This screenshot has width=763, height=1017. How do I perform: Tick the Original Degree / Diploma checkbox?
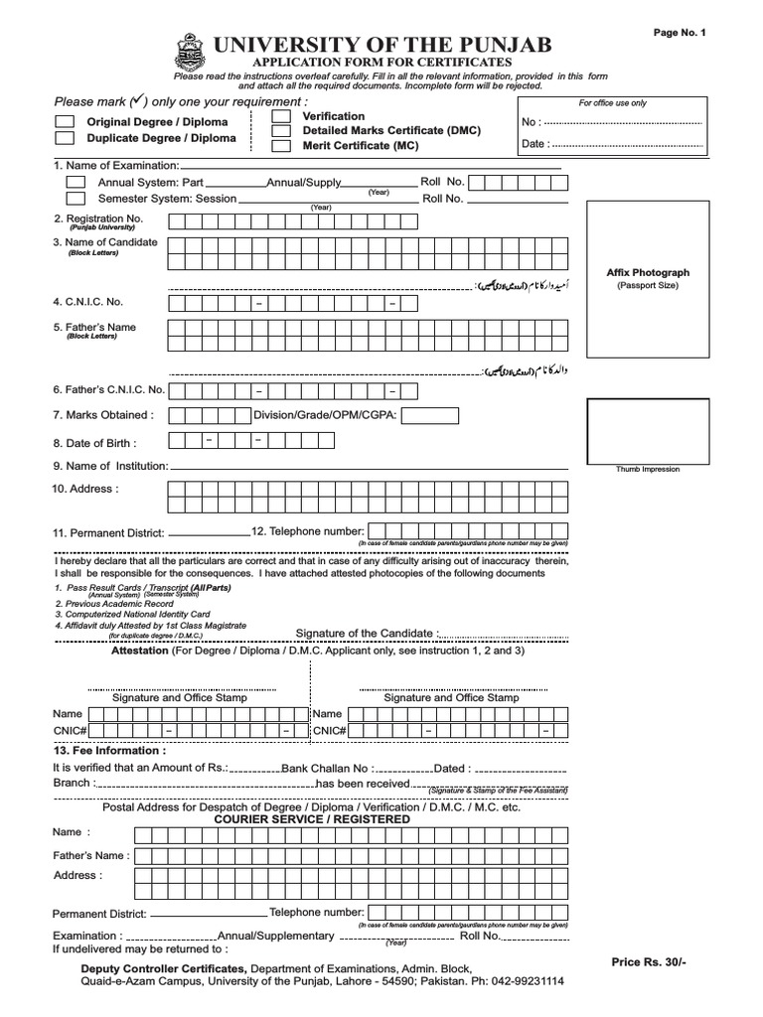(65, 121)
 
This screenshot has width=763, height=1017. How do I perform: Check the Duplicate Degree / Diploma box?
(65, 138)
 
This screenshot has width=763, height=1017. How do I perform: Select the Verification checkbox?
(281, 116)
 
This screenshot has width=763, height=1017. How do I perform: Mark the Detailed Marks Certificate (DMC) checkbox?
(281, 131)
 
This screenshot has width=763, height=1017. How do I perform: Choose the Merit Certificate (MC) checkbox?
(281, 146)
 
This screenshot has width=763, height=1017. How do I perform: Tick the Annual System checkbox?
(76, 183)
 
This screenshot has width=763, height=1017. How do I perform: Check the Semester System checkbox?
(76, 199)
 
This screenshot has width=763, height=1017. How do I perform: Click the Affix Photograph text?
(647, 272)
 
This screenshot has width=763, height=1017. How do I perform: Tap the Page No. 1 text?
(679, 32)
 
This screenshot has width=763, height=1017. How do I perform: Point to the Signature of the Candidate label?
(367, 634)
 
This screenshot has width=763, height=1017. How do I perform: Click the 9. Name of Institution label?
(110, 466)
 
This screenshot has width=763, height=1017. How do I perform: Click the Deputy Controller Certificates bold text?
(163, 967)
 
